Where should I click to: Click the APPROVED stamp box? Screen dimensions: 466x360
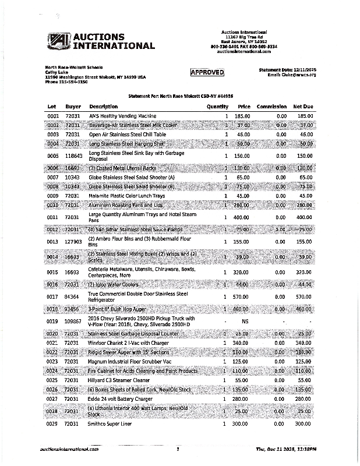(207, 72)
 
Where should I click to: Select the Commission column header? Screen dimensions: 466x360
(271, 107)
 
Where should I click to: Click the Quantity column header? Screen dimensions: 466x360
(217, 107)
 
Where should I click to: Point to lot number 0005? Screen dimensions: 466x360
(53, 156)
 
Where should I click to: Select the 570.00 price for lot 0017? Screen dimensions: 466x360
(242, 296)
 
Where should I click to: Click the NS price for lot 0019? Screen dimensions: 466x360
(245, 322)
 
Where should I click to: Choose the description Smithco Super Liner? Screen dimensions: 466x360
(110, 423)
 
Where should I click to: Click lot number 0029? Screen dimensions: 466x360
(53, 423)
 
